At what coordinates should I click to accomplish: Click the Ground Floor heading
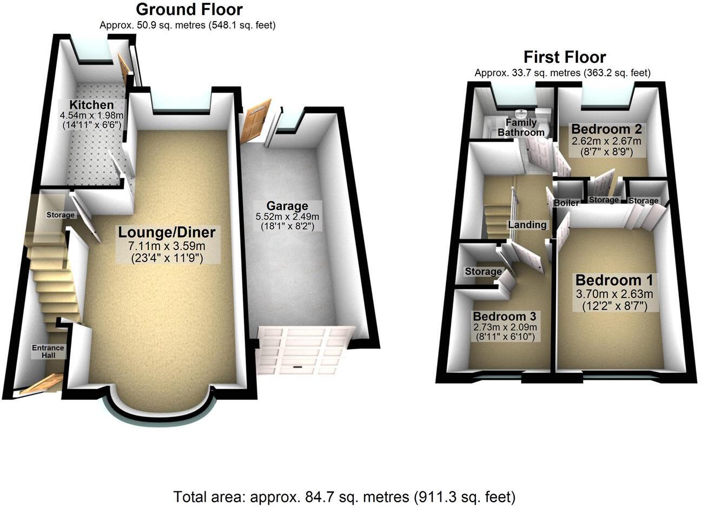189,9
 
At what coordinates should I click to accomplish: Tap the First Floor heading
564,57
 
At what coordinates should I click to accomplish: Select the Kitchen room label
91,104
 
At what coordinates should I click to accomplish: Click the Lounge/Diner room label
167,233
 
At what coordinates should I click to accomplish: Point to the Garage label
287,206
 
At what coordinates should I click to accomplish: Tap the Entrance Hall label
48,351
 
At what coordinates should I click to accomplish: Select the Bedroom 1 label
613,280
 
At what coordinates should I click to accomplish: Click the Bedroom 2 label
606,129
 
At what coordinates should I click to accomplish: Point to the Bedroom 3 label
504,316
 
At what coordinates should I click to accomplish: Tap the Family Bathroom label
521,128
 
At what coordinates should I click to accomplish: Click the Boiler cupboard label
566,203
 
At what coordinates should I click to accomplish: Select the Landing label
526,225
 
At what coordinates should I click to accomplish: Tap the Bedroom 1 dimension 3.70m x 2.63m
613,294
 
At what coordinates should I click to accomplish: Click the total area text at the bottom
344,496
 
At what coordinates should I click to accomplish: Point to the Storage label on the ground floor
60,215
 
